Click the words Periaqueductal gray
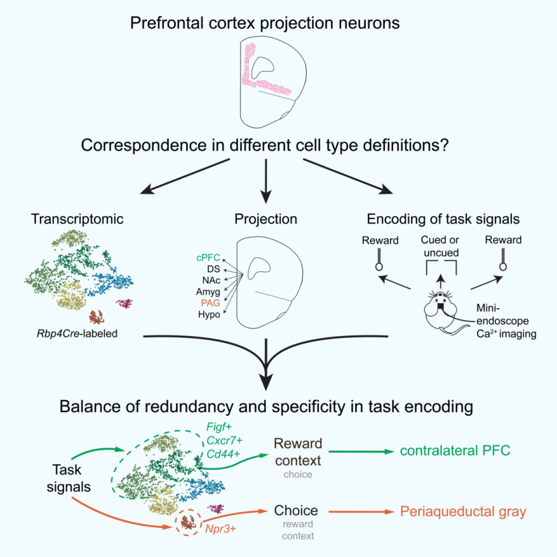click(x=463, y=511)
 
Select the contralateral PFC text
click(x=456, y=451)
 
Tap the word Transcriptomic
click(x=76, y=219)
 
